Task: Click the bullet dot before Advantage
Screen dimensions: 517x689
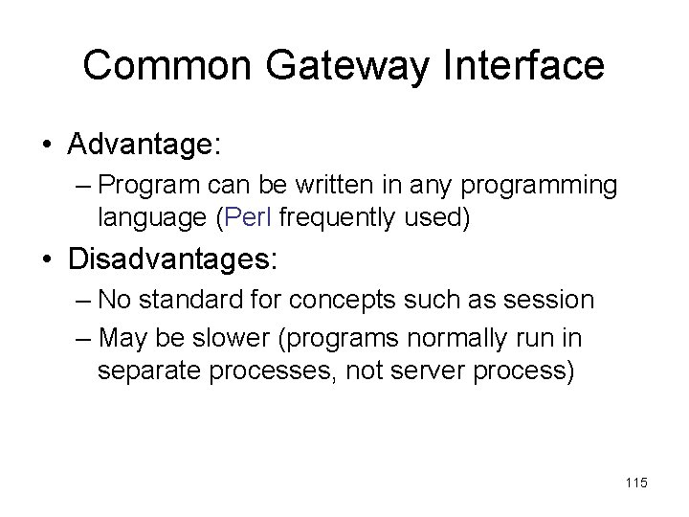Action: (x=47, y=146)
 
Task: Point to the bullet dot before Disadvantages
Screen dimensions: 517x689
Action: (x=47, y=258)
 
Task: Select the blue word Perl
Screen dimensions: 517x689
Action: (x=239, y=217)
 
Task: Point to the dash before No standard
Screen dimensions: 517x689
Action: (x=81, y=302)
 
